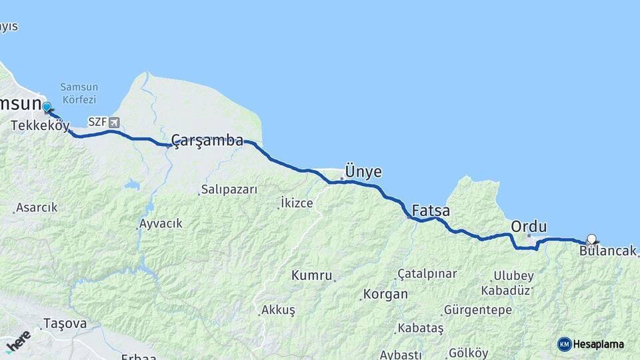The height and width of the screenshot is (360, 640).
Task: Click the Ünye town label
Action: [363, 171]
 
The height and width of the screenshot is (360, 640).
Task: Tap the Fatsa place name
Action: [431, 211]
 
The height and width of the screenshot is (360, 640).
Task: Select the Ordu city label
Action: [529, 227]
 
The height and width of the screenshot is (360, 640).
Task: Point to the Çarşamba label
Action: [207, 140]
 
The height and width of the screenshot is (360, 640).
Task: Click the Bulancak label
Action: [607, 251]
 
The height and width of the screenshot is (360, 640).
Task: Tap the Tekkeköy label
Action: [40, 125]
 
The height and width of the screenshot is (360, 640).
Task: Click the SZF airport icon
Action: [115, 122]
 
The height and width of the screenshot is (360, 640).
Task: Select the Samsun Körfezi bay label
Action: [79, 93]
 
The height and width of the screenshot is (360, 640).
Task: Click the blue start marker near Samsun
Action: [47, 107]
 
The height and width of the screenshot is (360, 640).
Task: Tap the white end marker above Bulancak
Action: [591, 239]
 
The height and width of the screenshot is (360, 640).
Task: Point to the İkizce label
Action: [297, 203]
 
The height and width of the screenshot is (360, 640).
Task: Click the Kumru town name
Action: [311, 275]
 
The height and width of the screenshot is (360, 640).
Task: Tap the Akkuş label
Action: [278, 310]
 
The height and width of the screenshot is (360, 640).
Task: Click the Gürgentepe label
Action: [477, 310]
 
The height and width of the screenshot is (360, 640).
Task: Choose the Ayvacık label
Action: [161, 223]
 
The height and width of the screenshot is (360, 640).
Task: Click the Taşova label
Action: [65, 323]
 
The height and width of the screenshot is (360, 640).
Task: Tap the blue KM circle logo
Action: [565, 344]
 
